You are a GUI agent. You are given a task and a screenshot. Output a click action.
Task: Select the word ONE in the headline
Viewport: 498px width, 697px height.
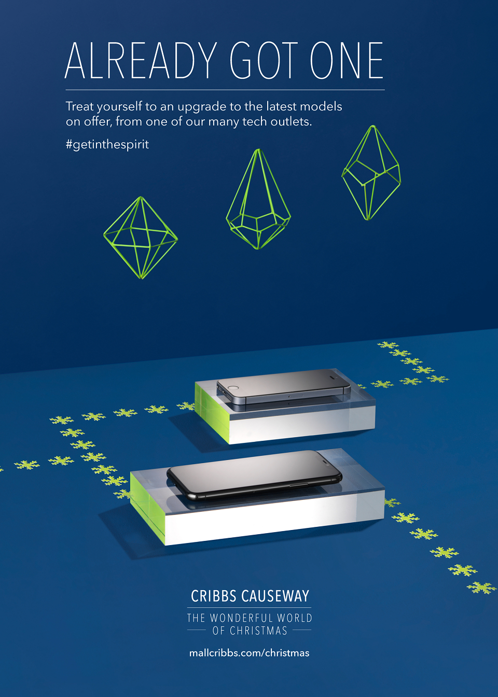click(347, 60)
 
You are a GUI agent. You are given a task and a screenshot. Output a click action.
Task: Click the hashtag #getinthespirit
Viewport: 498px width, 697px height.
click(107, 145)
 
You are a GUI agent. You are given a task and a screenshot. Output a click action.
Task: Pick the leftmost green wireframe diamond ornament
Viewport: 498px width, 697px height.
click(141, 238)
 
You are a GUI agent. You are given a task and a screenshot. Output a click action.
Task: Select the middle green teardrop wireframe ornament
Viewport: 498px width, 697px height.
click(258, 199)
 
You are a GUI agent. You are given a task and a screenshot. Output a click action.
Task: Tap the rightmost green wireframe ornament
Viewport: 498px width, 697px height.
click(371, 173)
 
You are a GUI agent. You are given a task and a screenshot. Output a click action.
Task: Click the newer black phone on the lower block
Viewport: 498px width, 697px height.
click(254, 475)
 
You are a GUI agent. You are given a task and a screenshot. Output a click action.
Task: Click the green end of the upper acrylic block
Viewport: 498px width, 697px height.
click(212, 412)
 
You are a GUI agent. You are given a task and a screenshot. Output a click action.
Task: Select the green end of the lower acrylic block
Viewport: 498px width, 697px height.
click(147, 507)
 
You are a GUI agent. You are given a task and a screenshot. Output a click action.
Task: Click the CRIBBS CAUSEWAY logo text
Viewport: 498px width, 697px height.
click(250, 596)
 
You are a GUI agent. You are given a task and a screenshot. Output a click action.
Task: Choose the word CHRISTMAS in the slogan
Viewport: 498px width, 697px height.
click(258, 631)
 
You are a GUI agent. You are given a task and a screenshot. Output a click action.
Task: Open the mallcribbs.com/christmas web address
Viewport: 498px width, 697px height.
click(250, 653)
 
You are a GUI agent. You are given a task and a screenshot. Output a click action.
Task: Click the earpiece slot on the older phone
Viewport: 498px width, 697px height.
click(334, 378)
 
